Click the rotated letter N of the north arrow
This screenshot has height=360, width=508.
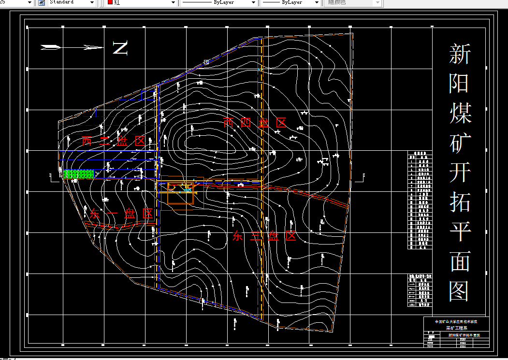120,47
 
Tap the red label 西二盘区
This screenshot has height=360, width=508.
114,141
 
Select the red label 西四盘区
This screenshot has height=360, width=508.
255,123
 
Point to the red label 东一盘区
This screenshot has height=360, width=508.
121,214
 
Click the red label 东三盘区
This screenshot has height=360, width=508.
264,236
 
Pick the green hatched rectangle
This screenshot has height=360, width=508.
79,174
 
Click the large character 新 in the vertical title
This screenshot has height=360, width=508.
459,54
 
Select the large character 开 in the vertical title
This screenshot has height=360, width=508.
459,172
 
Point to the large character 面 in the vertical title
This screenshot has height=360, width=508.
459,261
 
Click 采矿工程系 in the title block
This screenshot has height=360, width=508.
456,328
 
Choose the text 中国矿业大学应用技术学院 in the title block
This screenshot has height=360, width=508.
456,321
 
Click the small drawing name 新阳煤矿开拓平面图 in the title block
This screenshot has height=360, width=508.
464,334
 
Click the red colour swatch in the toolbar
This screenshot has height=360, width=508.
110,2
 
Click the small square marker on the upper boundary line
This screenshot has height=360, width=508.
206,62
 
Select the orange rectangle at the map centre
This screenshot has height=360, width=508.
180,193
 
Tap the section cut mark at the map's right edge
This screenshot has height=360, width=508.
359,179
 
